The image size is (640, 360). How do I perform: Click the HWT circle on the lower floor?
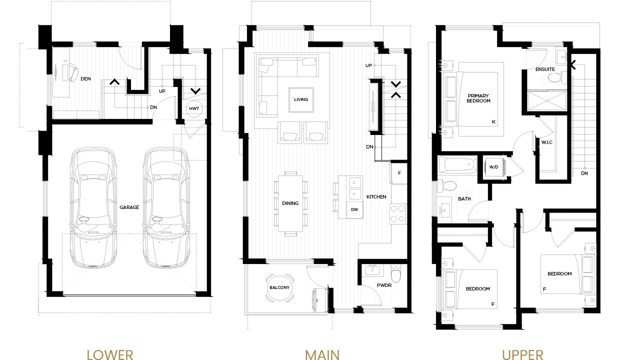point(194,108)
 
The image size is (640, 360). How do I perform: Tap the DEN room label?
point(85,79)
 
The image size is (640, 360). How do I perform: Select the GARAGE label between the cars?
point(129,207)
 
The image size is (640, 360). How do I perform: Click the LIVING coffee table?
point(301,99)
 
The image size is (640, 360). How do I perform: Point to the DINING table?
point(290,203)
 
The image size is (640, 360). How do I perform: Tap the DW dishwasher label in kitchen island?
point(354,209)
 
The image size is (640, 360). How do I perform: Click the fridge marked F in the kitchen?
point(399,173)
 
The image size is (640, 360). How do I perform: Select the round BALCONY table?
point(279,287)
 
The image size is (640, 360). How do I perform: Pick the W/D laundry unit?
point(494,167)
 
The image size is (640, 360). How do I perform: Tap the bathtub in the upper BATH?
point(457,164)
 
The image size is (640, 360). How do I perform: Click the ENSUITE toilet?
point(556,77)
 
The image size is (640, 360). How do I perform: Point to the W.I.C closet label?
point(547,142)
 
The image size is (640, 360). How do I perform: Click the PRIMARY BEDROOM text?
point(478,98)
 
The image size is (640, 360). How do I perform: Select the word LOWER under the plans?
point(110,354)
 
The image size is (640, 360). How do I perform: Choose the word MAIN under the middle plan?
point(322,354)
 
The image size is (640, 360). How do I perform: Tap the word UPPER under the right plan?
point(522,354)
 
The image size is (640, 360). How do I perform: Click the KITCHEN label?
point(376,197)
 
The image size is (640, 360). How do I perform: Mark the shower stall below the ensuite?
point(547,100)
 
